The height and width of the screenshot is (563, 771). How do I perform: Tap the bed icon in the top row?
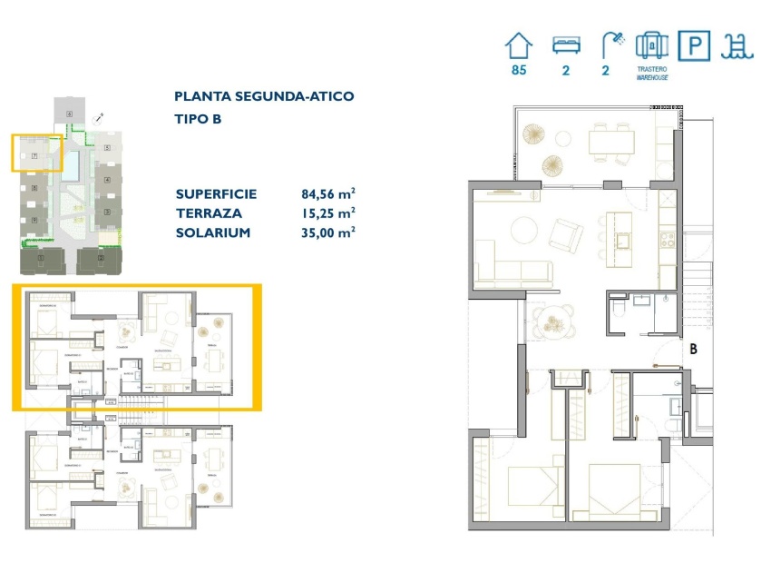[565, 45]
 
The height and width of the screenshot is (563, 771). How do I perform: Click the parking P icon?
[694, 45]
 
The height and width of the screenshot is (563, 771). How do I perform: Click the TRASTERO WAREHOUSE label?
[652, 74]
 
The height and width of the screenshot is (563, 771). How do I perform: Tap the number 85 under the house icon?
[519, 70]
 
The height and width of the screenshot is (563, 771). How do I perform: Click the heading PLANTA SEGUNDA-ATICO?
[264, 96]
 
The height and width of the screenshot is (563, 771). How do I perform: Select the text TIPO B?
[198, 119]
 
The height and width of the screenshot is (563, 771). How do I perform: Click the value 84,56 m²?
[327, 193]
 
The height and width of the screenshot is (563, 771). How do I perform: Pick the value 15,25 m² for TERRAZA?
[327, 212]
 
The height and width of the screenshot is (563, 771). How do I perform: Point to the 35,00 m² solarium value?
[327, 232]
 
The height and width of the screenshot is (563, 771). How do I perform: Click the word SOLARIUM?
[213, 232]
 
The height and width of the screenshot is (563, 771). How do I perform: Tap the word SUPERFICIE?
[217, 193]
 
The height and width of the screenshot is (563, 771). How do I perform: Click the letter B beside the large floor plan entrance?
[693, 347]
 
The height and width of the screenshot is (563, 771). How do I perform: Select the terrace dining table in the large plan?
[614, 142]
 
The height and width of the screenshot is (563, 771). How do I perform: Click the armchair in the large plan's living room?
[567, 235]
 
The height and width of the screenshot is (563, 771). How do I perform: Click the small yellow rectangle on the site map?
[36, 153]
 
